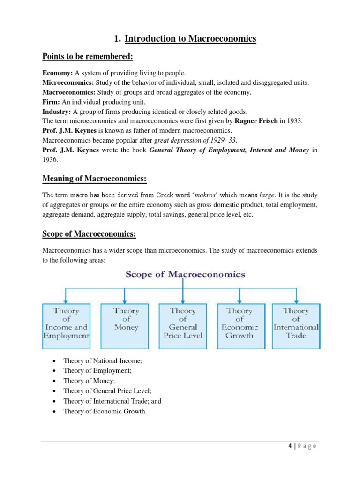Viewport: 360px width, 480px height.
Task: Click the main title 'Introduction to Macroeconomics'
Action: pyautogui.click(x=190, y=39)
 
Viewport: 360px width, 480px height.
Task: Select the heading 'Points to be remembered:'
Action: pyautogui.click(x=88, y=57)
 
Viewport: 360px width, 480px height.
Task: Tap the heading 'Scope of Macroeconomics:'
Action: pyautogui.click(x=89, y=233)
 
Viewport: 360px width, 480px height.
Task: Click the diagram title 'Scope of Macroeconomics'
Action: pyautogui.click(x=185, y=274)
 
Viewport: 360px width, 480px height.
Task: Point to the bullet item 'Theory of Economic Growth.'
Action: pyautogui.click(x=105, y=412)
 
